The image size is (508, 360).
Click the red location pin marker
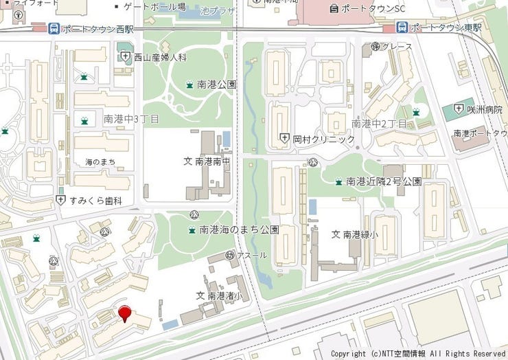(124, 314)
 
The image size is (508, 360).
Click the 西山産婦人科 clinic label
(159, 58)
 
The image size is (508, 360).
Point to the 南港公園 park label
(216, 85)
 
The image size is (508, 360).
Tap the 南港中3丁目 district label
(131, 120)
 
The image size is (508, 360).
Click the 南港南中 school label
(210, 161)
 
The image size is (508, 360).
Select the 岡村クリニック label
(323, 139)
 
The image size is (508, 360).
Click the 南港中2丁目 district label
(378, 124)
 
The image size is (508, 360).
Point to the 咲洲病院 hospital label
(483, 110)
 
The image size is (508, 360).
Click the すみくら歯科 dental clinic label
(95, 201)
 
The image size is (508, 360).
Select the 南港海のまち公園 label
(239, 229)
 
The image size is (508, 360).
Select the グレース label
(396, 47)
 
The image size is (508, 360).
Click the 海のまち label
(100, 161)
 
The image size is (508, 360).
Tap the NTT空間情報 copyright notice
(418, 353)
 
